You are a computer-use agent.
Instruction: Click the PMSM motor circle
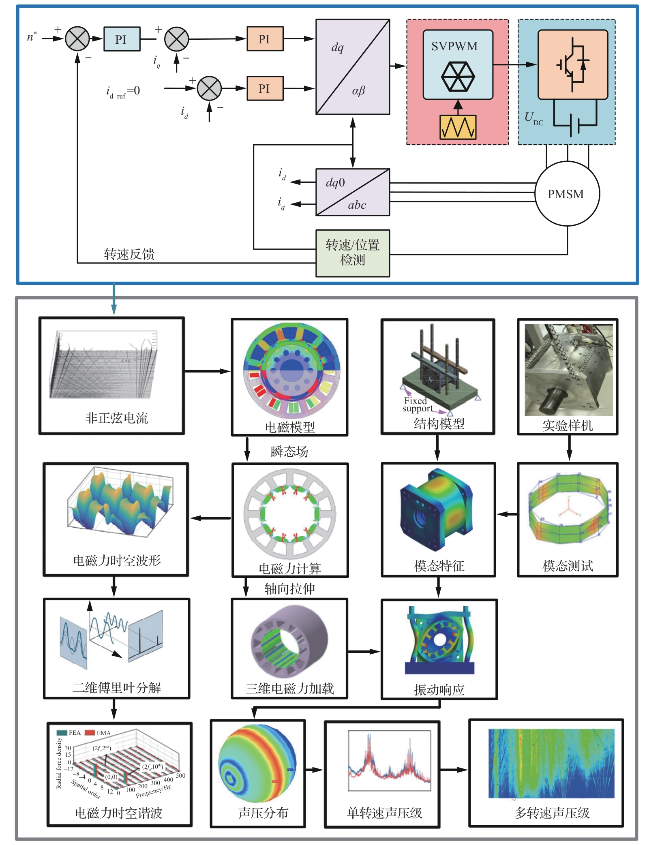tap(567, 194)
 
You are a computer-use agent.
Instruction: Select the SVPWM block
tap(458, 64)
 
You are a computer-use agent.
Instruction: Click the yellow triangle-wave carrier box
tap(458, 127)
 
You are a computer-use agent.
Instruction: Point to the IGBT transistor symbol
tap(572, 64)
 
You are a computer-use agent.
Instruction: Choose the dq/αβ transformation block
tap(353, 67)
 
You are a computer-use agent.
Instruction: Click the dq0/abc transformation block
tap(353, 192)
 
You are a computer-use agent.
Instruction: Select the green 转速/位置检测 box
tap(353, 253)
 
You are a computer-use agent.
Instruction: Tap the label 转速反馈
tap(129, 254)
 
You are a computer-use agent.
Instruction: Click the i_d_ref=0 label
tap(123, 92)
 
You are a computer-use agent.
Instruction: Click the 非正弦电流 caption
tap(116, 418)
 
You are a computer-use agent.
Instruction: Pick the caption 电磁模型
tap(289, 427)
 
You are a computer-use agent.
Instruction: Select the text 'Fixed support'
tap(417, 404)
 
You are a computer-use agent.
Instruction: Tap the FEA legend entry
tap(69, 733)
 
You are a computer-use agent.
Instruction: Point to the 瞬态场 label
tap(289, 451)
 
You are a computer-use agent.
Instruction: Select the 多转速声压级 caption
tap(552, 813)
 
